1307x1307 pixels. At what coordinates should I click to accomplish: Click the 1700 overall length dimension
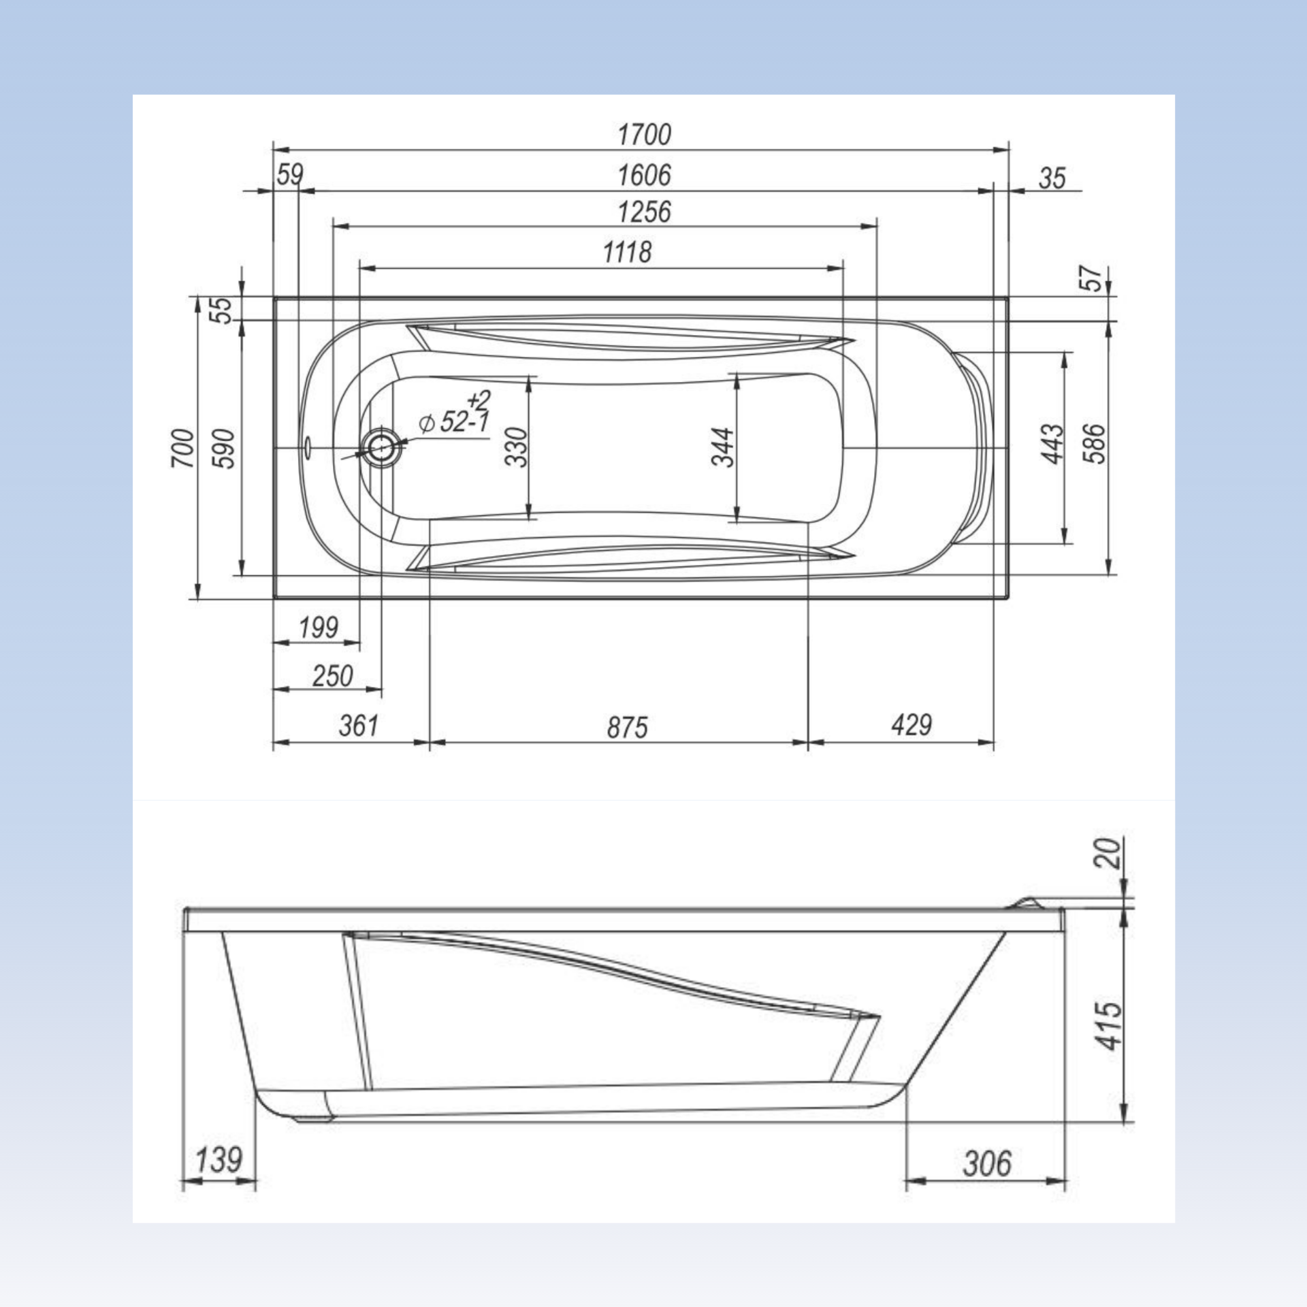coord(644,134)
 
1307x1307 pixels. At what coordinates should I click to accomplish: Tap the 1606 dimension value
coord(644,175)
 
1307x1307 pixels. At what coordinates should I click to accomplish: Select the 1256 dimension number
coord(644,212)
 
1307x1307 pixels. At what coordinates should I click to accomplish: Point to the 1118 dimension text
coord(627,252)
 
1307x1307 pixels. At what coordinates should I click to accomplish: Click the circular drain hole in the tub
coord(380,447)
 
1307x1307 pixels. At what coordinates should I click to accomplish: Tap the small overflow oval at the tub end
coord(307,447)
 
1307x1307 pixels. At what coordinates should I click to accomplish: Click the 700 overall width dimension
coord(182,448)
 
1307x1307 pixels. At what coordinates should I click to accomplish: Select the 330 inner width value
coord(516,447)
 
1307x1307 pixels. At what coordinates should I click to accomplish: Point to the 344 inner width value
coord(723,447)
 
